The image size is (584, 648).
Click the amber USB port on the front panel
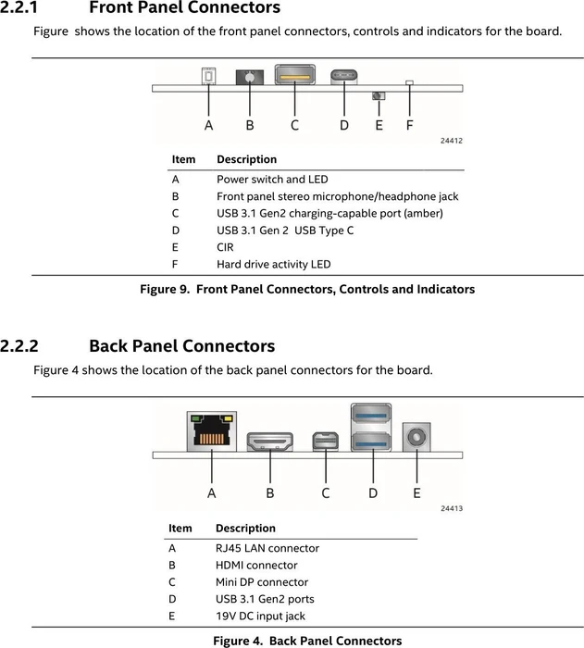pyautogui.click(x=294, y=74)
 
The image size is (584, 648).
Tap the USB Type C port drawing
pyautogui.click(x=344, y=77)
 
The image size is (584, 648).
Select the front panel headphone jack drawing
pyautogui.click(x=250, y=77)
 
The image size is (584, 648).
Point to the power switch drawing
pyautogui.click(x=209, y=76)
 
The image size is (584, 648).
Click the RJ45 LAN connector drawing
pyautogui.click(x=212, y=431)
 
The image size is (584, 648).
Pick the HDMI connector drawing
pyautogui.click(x=270, y=442)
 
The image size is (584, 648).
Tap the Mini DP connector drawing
pyautogui.click(x=325, y=441)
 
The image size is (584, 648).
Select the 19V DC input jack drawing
pyautogui.click(x=416, y=437)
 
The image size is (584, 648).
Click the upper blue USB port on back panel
pyautogui.click(x=371, y=416)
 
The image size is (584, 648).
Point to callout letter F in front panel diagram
pyautogui.click(x=410, y=125)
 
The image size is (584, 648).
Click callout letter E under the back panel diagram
pyautogui.click(x=416, y=492)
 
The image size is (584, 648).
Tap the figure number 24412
pyautogui.click(x=452, y=141)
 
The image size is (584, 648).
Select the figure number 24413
pyautogui.click(x=452, y=508)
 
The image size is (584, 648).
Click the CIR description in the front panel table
pyautogui.click(x=225, y=247)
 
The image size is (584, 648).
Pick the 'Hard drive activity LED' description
pyautogui.click(x=274, y=264)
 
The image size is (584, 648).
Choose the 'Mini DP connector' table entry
pyautogui.click(x=262, y=582)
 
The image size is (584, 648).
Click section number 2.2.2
pyautogui.click(x=19, y=345)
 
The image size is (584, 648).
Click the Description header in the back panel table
pyautogui.click(x=245, y=529)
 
